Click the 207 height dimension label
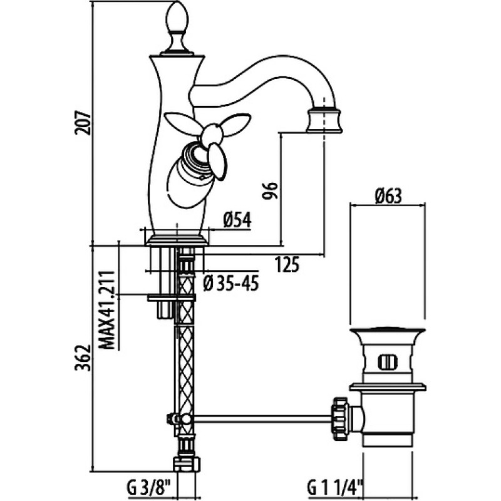pyautogui.click(x=83, y=123)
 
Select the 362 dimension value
pyautogui.click(x=83, y=358)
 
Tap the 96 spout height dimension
pyautogui.click(x=269, y=191)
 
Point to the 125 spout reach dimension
pyautogui.click(x=287, y=264)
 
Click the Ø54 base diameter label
pyautogui.click(x=237, y=220)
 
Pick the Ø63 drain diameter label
pyautogui.click(x=388, y=195)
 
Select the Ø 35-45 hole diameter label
pyautogui.click(x=230, y=283)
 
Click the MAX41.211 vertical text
pyautogui.click(x=106, y=310)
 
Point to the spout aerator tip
pyautogui.click(x=324, y=121)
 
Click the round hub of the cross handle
pyautogui.click(x=212, y=134)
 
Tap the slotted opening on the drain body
pyautogui.click(x=387, y=363)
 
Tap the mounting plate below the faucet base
pyautogui.click(x=171, y=298)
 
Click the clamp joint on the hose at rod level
pyautogui.click(x=180, y=419)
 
